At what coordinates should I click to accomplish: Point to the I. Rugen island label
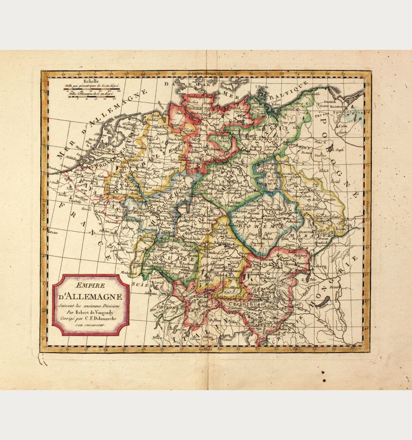pyautogui.click(x=262, y=86)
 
